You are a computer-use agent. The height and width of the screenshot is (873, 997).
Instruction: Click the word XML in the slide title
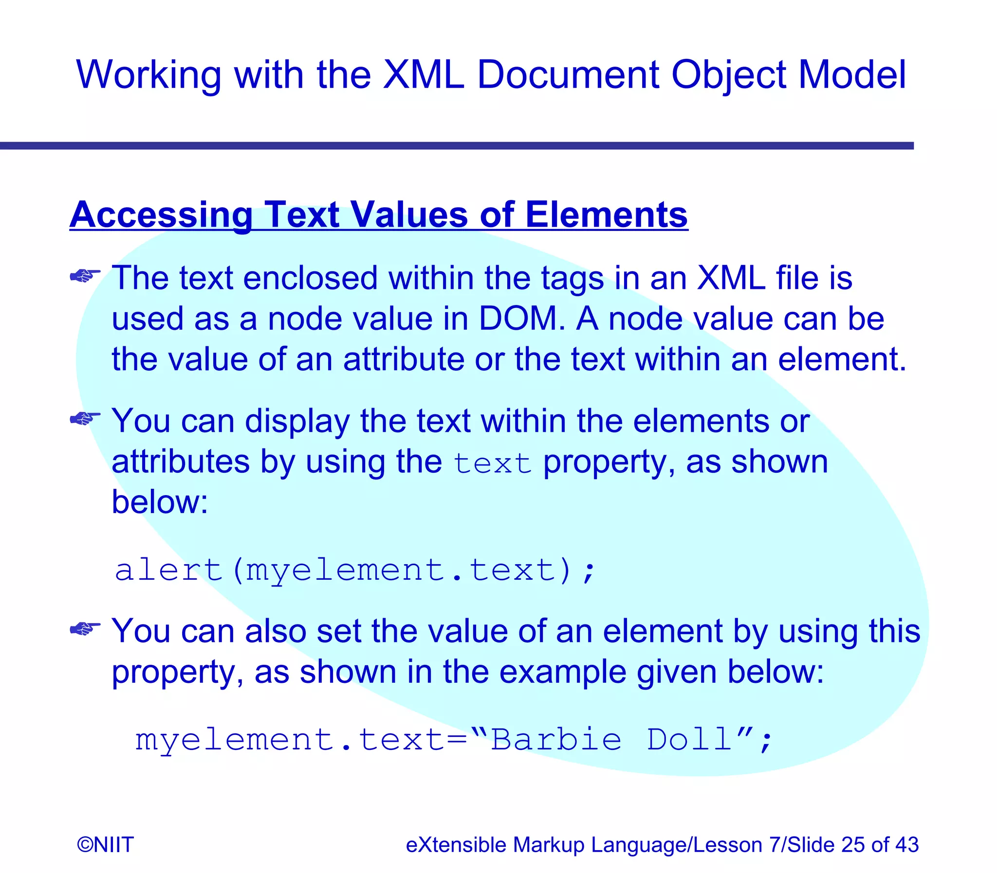(423, 75)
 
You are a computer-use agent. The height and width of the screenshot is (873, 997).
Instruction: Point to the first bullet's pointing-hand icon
(85, 276)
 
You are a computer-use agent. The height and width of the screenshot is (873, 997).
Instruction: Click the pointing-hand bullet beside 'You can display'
(85, 418)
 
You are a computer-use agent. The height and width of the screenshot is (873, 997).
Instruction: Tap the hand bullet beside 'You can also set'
(85, 628)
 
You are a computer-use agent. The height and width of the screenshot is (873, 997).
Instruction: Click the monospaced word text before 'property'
(492, 463)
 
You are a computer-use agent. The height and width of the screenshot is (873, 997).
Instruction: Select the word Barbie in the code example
(556, 740)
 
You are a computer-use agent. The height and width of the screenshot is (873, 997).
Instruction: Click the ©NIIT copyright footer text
(105, 845)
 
